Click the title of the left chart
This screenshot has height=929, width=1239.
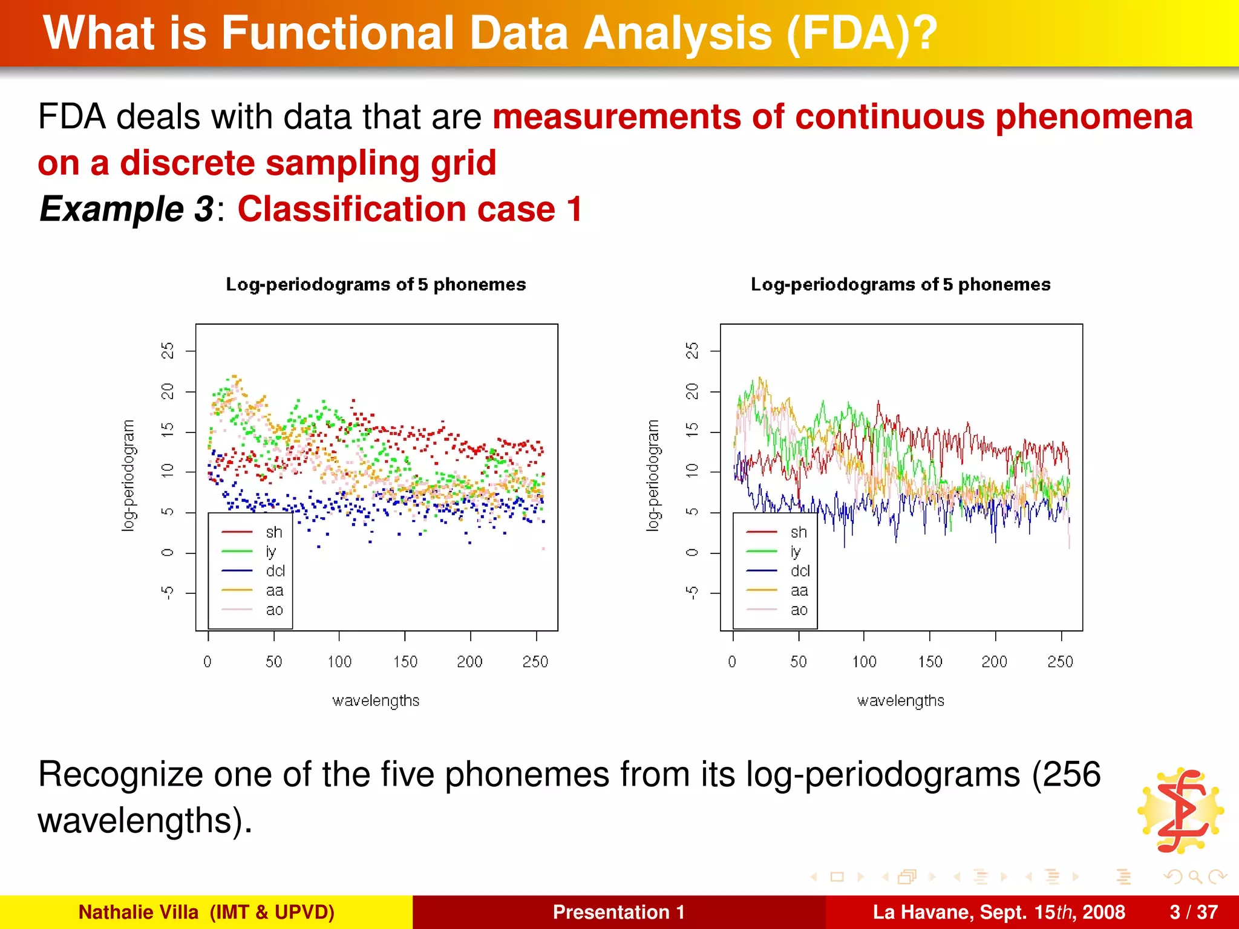pos(376,284)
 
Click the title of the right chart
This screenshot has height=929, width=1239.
pos(900,284)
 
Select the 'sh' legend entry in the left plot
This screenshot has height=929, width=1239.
pos(273,532)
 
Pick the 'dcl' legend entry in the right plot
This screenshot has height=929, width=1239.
pos(799,571)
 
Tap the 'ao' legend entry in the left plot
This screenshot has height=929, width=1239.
pos(274,610)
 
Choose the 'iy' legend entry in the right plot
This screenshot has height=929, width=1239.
pos(796,552)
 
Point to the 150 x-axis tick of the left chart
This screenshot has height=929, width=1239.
pos(405,662)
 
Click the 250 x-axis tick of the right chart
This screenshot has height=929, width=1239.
pos(1060,662)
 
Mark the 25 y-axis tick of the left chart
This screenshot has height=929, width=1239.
pos(168,351)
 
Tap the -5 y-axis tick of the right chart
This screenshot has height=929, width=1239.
pos(692,593)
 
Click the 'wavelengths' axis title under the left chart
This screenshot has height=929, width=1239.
pos(376,700)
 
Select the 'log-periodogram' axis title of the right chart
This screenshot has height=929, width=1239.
pos(652,475)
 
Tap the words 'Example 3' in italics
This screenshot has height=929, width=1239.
pos(126,209)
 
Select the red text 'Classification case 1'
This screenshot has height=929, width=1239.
pos(410,209)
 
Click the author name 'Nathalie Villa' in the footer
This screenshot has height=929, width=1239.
pos(139,912)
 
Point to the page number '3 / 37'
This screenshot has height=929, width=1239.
pos(1194,912)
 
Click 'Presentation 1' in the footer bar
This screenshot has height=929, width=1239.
pos(618,912)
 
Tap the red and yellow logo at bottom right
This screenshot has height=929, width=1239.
pos(1181,810)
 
